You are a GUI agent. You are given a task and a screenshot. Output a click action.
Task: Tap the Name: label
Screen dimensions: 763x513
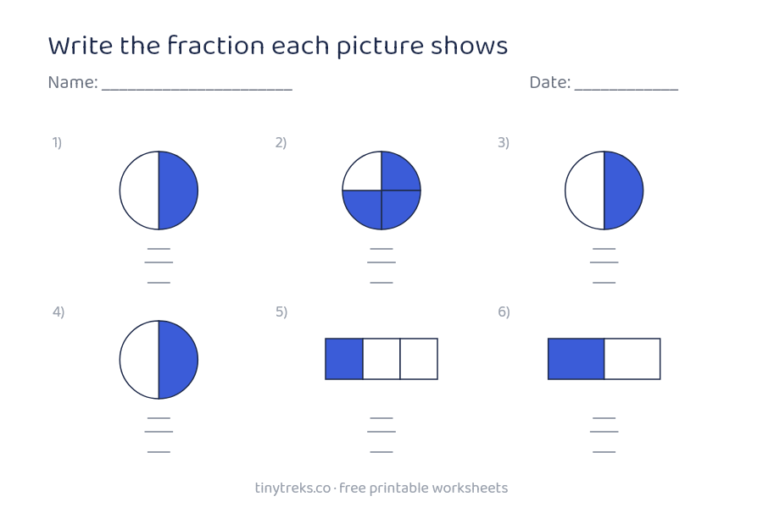(x=73, y=82)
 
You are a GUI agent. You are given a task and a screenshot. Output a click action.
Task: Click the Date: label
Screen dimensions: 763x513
(x=550, y=82)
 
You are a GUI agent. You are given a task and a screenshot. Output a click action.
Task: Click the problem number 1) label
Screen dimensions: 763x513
(x=58, y=142)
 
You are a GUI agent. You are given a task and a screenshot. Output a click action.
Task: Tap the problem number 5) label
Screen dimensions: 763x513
(x=281, y=312)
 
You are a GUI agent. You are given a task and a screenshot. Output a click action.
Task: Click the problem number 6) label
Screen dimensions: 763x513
(x=504, y=312)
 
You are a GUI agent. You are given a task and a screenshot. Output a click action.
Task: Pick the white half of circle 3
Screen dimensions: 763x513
(x=585, y=190)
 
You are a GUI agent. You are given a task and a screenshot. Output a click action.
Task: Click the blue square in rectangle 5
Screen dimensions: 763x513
(x=344, y=359)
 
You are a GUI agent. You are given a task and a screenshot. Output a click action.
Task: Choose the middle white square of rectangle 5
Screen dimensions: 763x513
(x=381, y=359)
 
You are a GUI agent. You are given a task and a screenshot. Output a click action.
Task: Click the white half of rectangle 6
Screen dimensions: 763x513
(x=632, y=359)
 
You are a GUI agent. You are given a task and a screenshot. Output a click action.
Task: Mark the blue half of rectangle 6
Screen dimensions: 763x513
(x=576, y=359)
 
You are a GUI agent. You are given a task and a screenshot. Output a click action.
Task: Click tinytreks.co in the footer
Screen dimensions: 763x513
(x=292, y=488)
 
